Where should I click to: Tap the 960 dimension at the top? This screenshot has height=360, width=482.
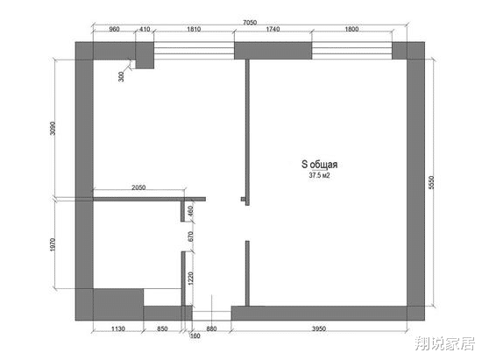114,29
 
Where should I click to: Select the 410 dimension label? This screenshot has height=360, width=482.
145,29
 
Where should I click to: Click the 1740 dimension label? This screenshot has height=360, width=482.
272,29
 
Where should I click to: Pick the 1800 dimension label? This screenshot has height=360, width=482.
351,29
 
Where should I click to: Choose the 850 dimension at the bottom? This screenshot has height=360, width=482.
163,329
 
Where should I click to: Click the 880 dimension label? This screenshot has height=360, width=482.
211,329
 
